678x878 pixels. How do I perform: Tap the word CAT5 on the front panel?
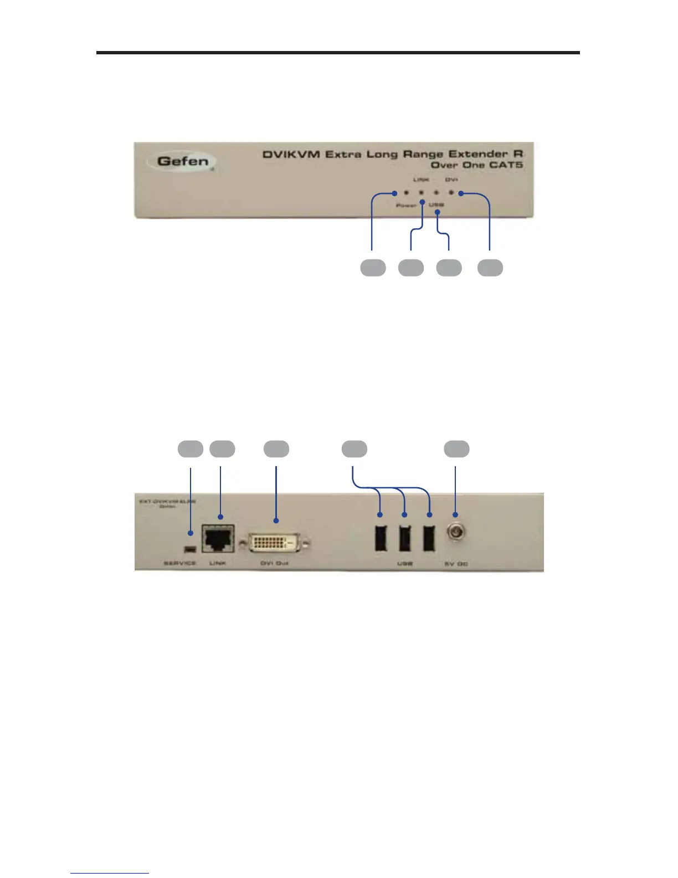click(x=506, y=165)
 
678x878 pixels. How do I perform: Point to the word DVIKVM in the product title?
click(x=291, y=154)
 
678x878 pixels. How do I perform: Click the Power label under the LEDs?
click(x=405, y=206)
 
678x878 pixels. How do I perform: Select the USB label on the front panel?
click(x=436, y=205)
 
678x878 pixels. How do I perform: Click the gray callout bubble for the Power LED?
click(x=373, y=268)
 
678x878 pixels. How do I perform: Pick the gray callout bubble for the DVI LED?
click(x=490, y=268)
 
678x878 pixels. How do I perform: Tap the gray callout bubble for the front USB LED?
click(x=449, y=268)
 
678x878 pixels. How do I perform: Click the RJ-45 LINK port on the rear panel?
click(x=218, y=538)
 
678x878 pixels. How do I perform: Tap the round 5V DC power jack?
click(x=455, y=533)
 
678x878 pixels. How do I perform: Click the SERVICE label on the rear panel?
click(x=179, y=563)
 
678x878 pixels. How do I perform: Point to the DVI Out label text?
click(x=275, y=563)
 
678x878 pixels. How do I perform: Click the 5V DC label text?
click(x=456, y=564)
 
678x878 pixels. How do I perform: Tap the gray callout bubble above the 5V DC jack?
click(x=456, y=449)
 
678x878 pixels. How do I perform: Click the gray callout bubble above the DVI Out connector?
click(x=276, y=449)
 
